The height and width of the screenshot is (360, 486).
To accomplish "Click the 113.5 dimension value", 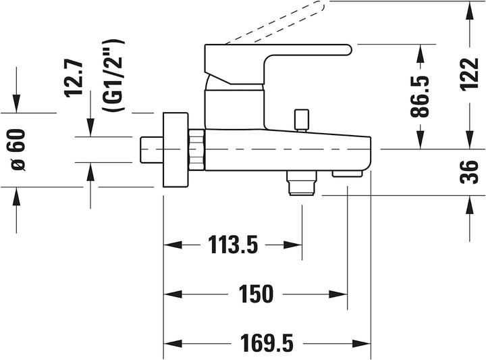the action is pos(233,245).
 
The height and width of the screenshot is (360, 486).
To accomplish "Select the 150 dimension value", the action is pos(256,294).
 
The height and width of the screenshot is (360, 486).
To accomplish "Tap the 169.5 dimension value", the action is pos(267,343).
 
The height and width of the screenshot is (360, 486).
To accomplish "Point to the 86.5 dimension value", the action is pos(420,96).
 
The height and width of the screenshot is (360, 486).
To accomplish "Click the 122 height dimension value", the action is pos(470,74).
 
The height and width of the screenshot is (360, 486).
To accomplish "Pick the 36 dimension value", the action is pos(470,172).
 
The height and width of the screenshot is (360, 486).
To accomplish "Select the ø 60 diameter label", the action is pos(19,150).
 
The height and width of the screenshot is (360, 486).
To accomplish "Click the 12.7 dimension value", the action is pos(74,79).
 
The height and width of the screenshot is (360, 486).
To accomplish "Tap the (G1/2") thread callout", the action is pos(113,76).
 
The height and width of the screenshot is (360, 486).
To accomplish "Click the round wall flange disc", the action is pos(175,150).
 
